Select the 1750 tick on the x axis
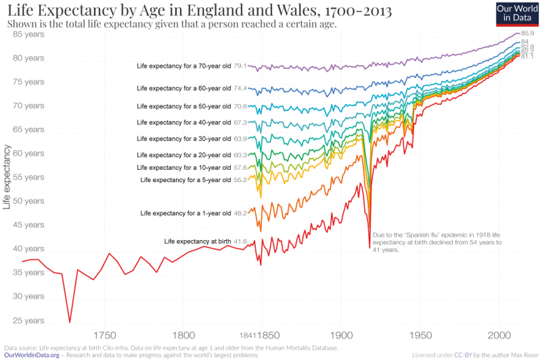104,335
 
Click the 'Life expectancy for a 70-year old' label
184,66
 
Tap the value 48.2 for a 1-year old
240,213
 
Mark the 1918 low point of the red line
369,248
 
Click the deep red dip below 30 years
70,321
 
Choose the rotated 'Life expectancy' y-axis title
7,177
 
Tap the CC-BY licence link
461,355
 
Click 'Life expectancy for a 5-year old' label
185,180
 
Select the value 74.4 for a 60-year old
240,89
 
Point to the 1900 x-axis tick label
340,335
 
